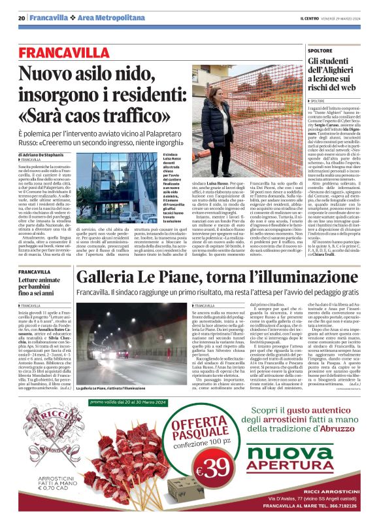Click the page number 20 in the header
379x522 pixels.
tap(22, 18)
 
